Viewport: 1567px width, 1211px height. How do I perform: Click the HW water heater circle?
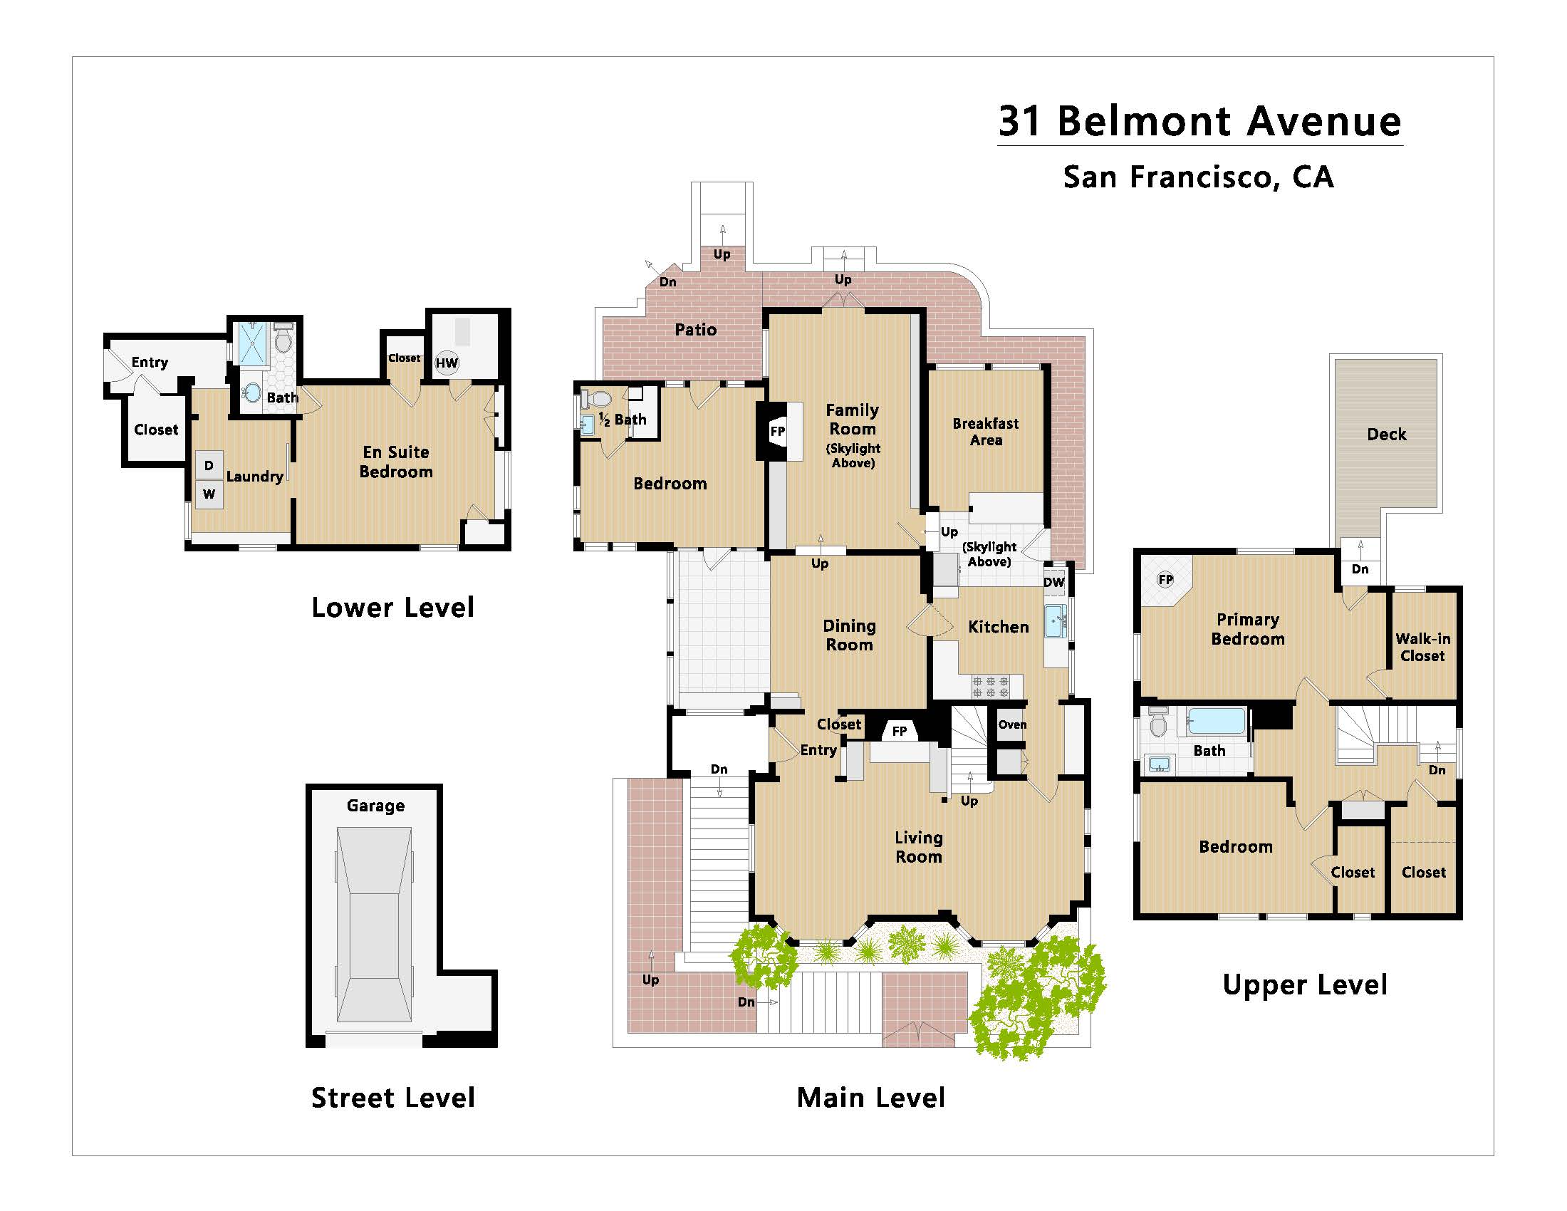(x=447, y=363)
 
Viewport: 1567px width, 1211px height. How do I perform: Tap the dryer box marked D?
(x=209, y=466)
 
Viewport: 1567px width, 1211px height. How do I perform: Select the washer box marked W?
(x=209, y=494)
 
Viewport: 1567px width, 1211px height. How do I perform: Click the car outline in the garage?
(x=374, y=925)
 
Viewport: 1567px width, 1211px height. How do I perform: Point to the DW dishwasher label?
(x=1053, y=582)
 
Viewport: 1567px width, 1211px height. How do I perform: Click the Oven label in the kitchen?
(x=1011, y=724)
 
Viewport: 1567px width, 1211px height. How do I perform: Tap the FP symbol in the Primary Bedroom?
(x=1165, y=580)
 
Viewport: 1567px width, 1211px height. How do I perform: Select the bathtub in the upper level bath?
(x=1216, y=721)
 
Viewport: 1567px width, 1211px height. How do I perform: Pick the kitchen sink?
(x=1053, y=620)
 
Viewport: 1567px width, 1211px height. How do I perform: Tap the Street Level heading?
(x=392, y=1098)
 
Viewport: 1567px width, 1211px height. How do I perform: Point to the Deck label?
(x=1386, y=434)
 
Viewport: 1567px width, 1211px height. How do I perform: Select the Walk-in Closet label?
(x=1422, y=647)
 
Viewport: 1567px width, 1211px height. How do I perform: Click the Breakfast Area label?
(x=985, y=432)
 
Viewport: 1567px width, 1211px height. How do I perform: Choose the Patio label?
(x=695, y=330)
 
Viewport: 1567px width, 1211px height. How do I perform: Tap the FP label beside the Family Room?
(x=777, y=431)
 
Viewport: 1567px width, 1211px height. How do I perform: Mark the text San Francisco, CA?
(x=1198, y=177)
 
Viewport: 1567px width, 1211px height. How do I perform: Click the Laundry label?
(x=254, y=477)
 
